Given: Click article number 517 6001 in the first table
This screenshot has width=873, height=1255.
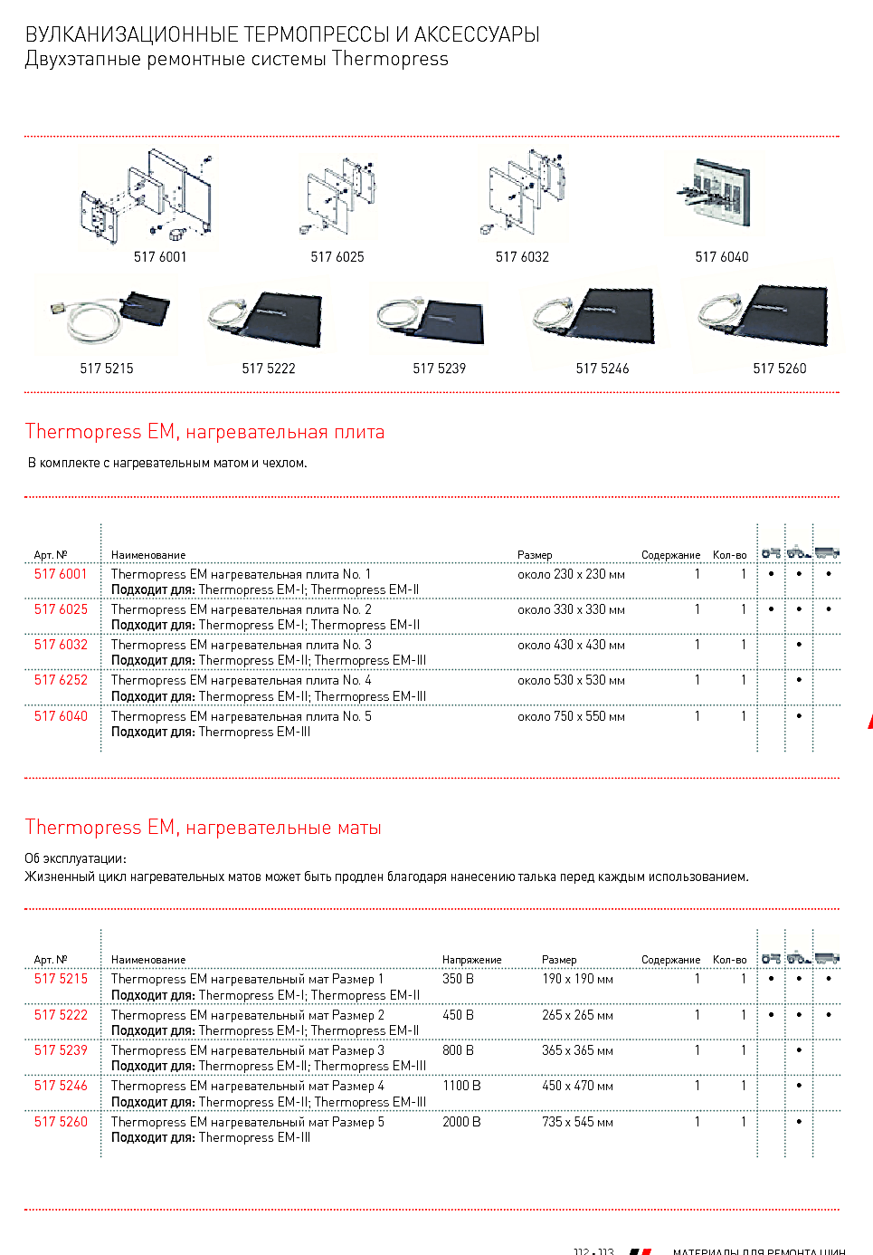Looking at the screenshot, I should tap(61, 574).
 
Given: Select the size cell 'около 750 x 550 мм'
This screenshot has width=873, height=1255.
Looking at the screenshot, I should tap(571, 716).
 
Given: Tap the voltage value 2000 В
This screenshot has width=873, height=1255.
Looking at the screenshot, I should tap(461, 1122).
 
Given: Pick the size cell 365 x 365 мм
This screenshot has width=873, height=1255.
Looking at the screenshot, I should tap(577, 1050).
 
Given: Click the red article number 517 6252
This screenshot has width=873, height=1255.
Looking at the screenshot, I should tap(61, 680).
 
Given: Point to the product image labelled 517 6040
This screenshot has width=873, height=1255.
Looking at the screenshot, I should tap(721, 191).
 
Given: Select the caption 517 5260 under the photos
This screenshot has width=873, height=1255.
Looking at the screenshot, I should tap(779, 369).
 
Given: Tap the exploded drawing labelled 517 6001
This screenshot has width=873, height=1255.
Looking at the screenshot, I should tap(147, 197).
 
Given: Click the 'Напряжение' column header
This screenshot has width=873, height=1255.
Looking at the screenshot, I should tap(471, 960).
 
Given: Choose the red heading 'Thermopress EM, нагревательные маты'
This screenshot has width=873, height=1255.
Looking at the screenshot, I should tap(204, 828).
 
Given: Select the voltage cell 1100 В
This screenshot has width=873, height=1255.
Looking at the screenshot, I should tap(461, 1086).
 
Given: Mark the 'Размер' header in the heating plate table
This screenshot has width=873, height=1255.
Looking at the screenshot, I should tap(535, 555).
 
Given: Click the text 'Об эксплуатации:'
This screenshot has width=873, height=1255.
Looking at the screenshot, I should tap(75, 858).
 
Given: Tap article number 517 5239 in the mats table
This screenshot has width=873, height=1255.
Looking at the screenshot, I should tap(61, 1050).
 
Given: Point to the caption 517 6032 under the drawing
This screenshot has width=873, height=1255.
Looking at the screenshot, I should tap(522, 257).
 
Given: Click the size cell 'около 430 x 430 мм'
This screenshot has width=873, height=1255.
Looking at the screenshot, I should tap(571, 645).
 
